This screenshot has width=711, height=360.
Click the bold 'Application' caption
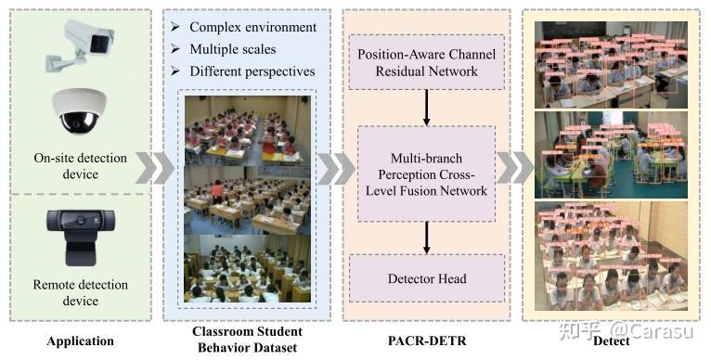(80, 341)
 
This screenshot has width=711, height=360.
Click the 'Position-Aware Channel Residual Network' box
(427, 62)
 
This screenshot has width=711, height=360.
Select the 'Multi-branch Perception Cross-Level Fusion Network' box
(427, 174)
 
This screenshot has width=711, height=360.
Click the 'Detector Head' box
(427, 278)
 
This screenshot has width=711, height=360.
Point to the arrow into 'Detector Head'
(427, 238)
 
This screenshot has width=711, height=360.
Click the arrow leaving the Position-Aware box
(427, 109)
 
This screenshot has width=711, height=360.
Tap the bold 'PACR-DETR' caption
(427, 341)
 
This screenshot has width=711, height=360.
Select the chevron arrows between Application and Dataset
(152, 169)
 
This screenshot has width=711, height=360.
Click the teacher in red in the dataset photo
(218, 193)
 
